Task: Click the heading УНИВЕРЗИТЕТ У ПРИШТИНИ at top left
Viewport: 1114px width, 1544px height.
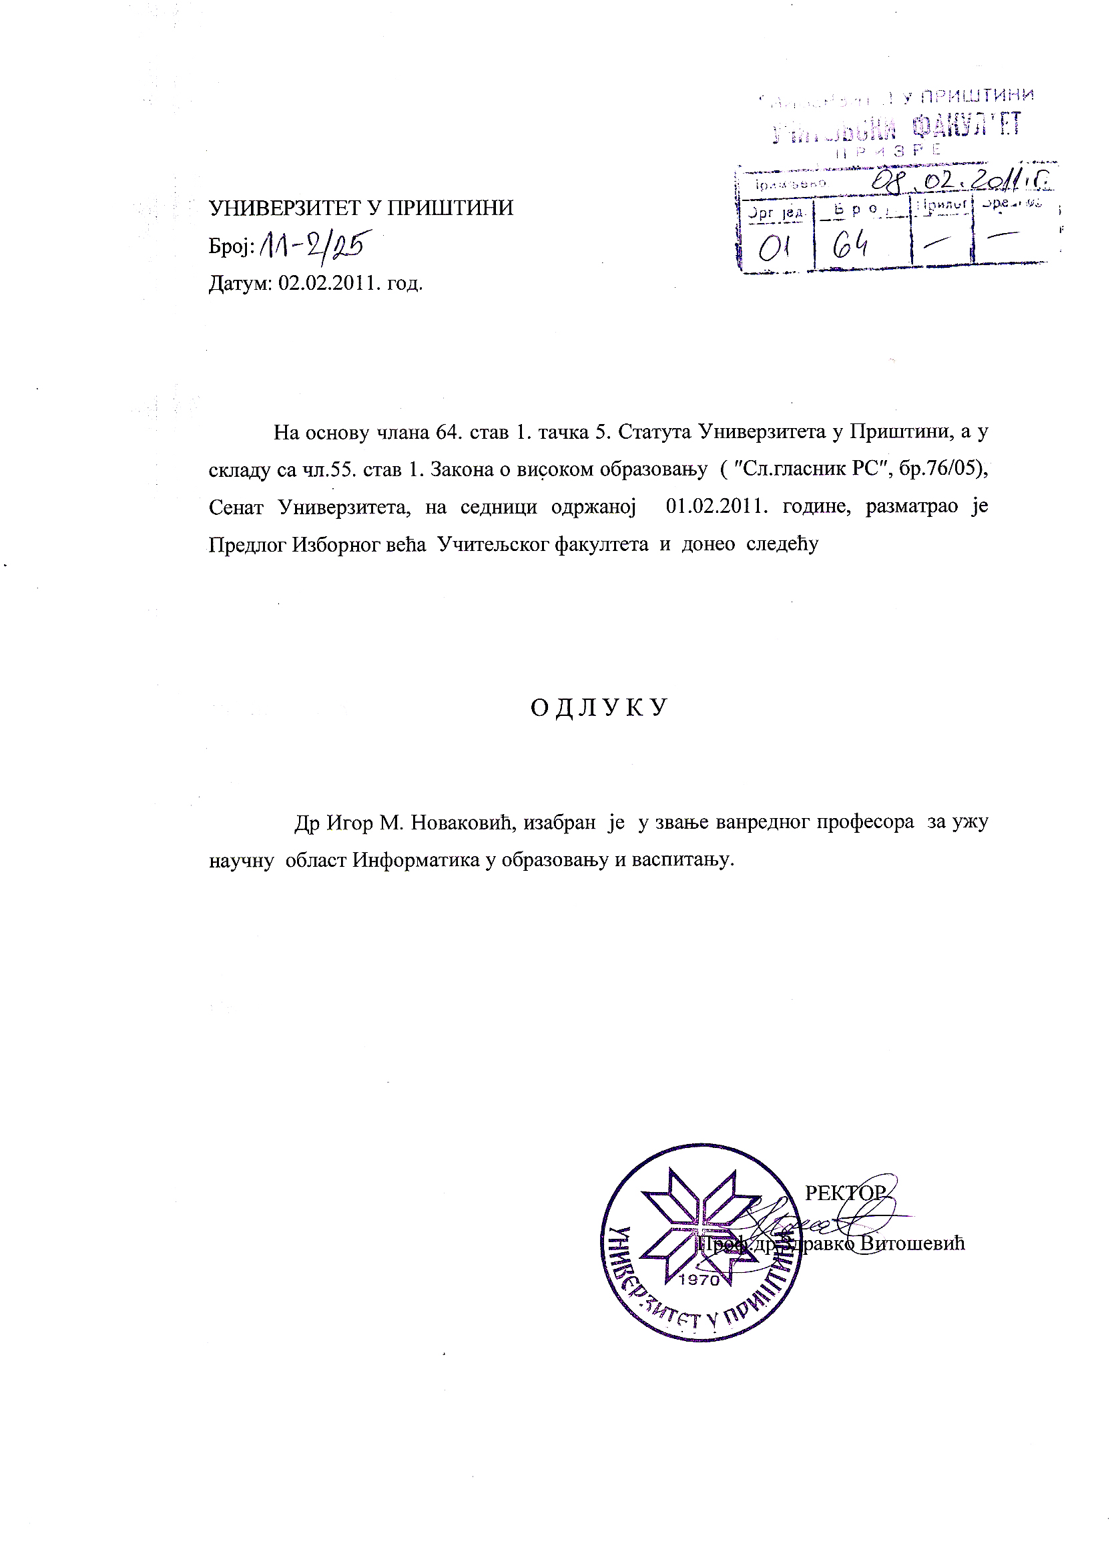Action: point(360,208)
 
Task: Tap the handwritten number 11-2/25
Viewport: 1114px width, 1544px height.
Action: point(312,246)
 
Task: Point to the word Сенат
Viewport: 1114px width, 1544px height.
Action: point(236,507)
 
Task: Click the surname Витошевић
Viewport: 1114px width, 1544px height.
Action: point(912,1243)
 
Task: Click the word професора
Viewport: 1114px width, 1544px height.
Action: point(865,823)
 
